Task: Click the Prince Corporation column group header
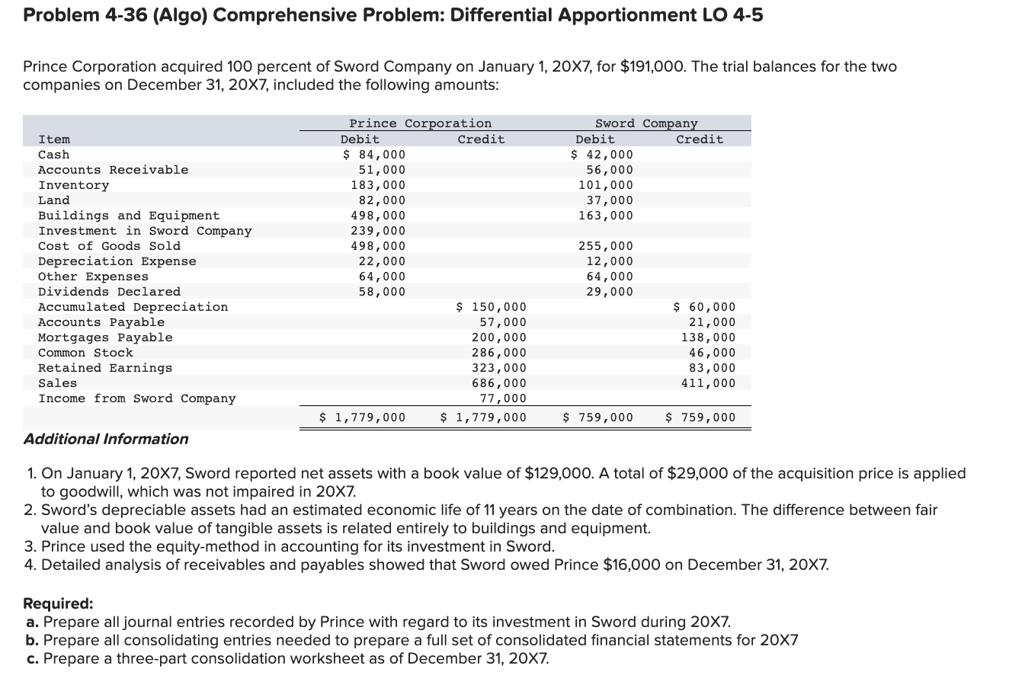420,123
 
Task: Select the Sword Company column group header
645,123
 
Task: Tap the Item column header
54,139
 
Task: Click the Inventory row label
73,185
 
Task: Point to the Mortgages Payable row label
105,337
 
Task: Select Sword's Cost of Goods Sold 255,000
606,246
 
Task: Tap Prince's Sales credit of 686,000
499,383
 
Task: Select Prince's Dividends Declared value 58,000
382,292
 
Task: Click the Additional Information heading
106,439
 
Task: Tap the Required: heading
59,603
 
